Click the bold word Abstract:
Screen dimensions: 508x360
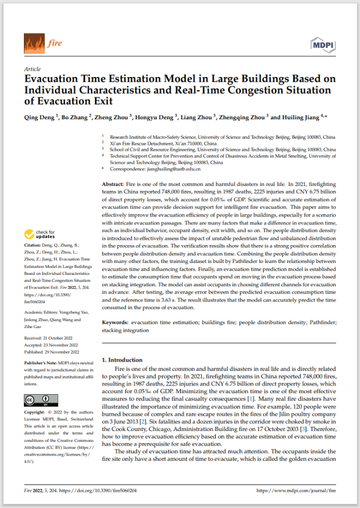[114, 185]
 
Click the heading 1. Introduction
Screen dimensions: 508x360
[123, 360]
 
